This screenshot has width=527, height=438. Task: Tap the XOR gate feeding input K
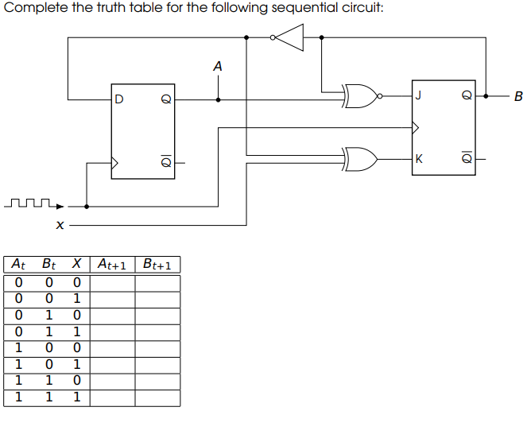coord(362,159)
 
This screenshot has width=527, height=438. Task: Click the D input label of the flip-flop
coord(119,100)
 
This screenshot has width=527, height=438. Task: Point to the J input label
coord(418,97)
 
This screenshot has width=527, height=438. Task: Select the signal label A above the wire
coord(218,68)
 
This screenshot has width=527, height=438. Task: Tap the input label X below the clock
coord(59,227)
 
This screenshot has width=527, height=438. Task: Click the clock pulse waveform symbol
coord(32,204)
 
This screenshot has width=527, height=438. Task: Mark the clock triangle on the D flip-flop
coord(115,163)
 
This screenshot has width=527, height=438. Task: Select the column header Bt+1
coord(157,264)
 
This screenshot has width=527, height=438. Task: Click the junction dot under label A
coord(219,99)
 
